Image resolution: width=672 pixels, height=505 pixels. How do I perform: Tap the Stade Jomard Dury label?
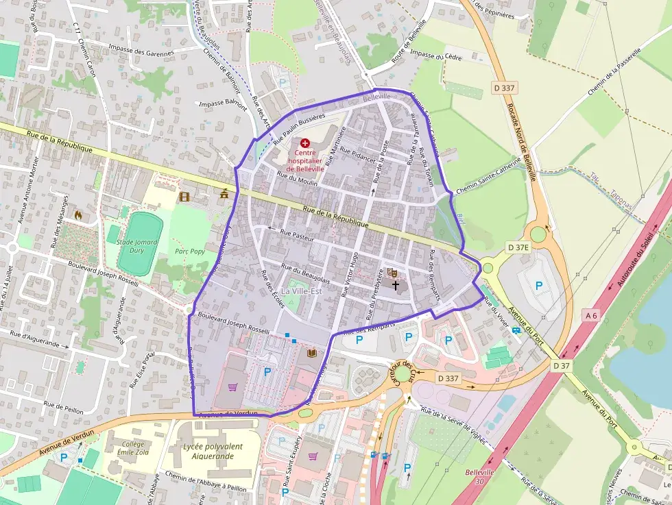[x=136, y=246]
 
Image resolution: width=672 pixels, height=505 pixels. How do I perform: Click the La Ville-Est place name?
[x=305, y=293]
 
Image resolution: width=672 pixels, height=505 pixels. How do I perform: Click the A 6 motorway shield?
[x=590, y=315]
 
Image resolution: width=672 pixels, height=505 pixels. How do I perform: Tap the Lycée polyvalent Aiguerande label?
[x=213, y=450]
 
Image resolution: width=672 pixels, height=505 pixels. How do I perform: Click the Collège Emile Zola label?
[x=133, y=448]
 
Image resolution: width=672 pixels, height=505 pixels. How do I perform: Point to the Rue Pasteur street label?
[x=296, y=235]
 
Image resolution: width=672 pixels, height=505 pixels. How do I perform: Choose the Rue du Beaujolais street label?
[x=306, y=274]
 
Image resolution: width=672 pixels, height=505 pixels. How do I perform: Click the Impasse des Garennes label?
[x=141, y=52]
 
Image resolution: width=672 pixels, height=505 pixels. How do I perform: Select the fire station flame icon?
[x=77, y=215]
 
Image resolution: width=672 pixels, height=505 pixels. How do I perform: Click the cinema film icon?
[x=183, y=197]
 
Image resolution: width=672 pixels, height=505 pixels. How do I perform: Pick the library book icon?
[x=312, y=353]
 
